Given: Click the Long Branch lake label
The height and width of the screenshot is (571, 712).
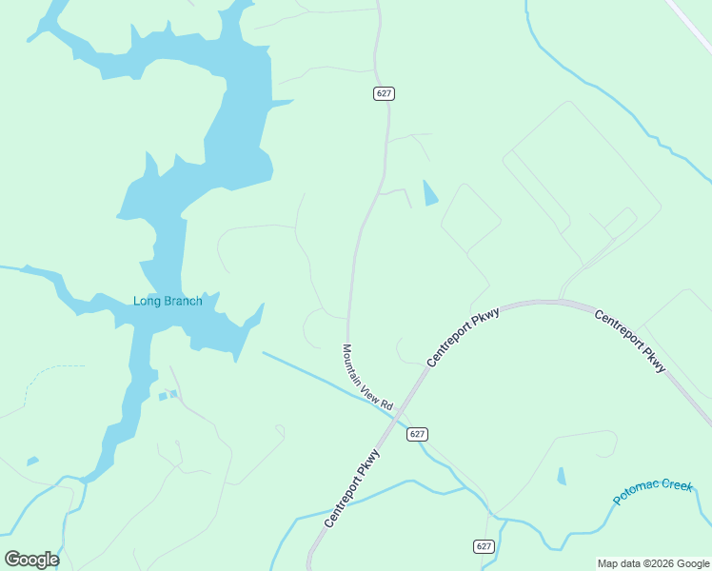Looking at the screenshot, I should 168,302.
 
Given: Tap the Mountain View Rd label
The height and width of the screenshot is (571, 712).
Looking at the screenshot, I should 367,378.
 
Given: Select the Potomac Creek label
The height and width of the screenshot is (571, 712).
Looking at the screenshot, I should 653,492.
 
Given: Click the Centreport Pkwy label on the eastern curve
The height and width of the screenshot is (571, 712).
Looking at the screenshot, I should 630,341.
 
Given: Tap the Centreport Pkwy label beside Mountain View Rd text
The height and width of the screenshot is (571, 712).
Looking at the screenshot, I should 463,337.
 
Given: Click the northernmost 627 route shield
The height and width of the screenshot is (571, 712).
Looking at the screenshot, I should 384,93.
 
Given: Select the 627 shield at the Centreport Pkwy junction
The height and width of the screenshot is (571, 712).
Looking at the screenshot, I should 417,434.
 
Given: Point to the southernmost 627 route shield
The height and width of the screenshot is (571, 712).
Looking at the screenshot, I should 484,546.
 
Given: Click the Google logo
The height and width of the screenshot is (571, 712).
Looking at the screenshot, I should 31,560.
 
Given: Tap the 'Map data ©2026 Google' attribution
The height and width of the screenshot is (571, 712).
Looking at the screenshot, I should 653,563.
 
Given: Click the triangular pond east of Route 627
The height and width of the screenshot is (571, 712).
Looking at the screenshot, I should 429,193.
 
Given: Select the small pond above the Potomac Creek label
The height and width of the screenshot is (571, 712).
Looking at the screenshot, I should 561,476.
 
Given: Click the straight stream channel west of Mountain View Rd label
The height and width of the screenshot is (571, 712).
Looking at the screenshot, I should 305,374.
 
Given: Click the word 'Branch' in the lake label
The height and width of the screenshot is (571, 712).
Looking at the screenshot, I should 183,302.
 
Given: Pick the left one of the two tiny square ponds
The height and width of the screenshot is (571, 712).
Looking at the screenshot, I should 163,396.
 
